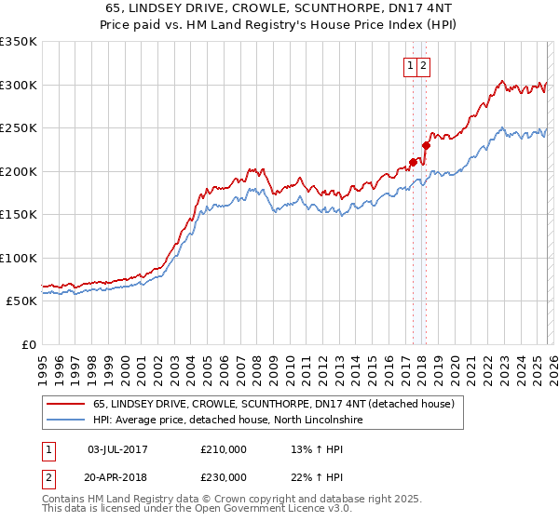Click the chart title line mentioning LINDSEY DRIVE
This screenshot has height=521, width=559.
tap(279, 7)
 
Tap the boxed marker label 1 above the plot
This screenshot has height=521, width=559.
tap(411, 65)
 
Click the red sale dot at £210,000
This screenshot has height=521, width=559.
tap(413, 163)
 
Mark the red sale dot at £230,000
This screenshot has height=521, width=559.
tap(426, 145)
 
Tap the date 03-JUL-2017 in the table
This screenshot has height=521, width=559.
tap(117, 449)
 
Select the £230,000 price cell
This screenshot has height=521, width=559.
tap(224, 476)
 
